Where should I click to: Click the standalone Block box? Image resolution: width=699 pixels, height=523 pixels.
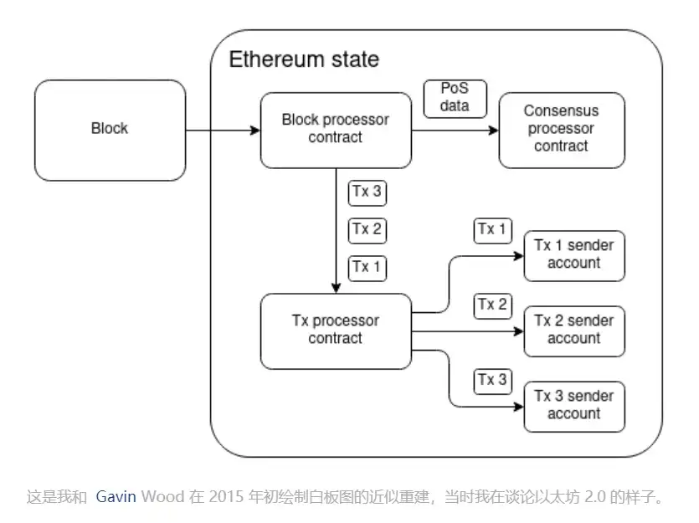[x=110, y=130]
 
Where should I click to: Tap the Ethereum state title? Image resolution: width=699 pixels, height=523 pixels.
[x=304, y=59]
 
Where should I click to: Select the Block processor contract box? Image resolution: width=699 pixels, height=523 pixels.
[x=336, y=130]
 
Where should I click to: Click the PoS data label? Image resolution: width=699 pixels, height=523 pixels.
[x=455, y=98]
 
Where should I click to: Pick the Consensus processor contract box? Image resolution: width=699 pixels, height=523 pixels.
[x=562, y=130]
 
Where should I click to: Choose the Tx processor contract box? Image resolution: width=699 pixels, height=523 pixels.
[x=336, y=331]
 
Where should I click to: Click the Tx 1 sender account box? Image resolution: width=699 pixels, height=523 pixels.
[x=574, y=255]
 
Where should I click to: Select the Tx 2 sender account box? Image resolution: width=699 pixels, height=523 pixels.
[x=574, y=331]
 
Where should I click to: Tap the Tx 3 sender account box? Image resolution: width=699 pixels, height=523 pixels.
[x=574, y=406]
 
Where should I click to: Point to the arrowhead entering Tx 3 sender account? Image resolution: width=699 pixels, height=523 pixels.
[x=518, y=407]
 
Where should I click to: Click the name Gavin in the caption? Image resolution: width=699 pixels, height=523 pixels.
[x=116, y=497]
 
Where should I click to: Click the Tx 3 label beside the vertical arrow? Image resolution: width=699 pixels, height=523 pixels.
[x=367, y=192]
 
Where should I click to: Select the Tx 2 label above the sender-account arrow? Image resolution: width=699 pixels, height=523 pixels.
[x=492, y=305]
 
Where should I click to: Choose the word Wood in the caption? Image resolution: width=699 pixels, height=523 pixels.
[x=158, y=497]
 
